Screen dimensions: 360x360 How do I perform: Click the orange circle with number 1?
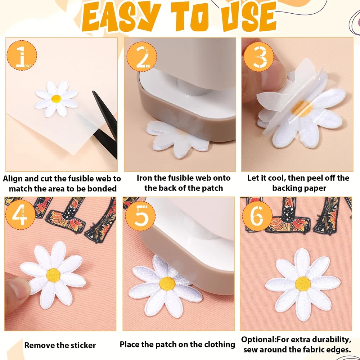(x=22, y=55)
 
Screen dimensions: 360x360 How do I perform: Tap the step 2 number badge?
(x=141, y=57)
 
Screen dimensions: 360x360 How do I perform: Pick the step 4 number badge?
(x=20, y=215)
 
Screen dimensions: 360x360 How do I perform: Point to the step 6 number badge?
(x=257, y=216)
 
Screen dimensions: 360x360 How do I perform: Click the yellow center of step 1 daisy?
(x=56, y=99)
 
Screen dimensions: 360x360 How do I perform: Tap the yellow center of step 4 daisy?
(x=53, y=275)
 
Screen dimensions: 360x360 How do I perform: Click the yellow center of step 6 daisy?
(x=303, y=284)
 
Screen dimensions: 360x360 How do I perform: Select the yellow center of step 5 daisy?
(x=167, y=284)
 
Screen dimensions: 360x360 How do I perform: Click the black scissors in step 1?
(x=105, y=125)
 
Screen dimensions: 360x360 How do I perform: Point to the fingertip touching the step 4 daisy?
(x=17, y=289)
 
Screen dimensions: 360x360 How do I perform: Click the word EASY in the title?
(x=121, y=17)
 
